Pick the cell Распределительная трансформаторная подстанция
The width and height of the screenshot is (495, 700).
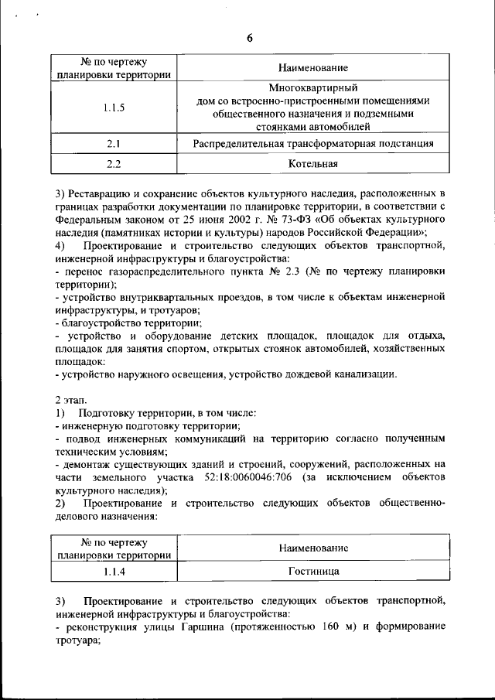click(313, 144)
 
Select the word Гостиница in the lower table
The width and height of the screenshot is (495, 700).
click(313, 572)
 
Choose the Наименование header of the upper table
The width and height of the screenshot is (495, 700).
click(313, 69)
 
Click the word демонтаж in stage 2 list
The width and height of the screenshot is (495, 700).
click(86, 464)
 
